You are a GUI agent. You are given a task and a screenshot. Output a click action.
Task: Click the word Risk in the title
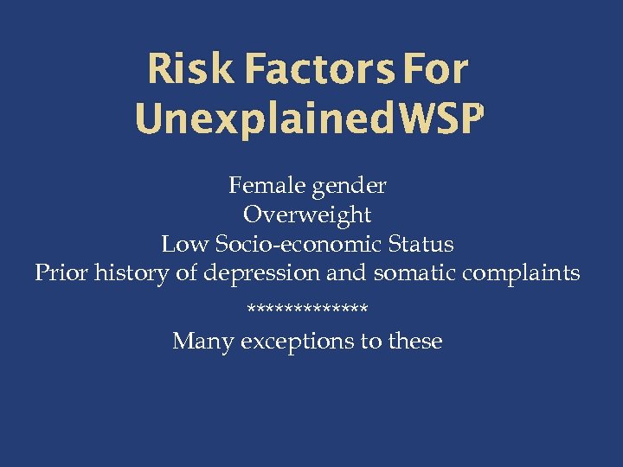tap(189, 69)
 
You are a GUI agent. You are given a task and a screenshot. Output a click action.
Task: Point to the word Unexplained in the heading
tap(259, 121)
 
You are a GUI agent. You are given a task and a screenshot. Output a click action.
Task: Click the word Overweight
tap(307, 214)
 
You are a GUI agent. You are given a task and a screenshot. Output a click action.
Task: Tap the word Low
tap(184, 244)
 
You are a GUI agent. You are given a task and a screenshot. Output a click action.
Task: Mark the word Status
tap(421, 244)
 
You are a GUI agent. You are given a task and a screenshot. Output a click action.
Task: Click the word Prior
tap(61, 273)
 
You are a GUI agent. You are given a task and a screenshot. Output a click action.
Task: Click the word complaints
tap(521, 274)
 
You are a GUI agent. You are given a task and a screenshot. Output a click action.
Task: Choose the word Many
tap(203, 342)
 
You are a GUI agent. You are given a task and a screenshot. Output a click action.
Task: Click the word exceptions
tap(299, 342)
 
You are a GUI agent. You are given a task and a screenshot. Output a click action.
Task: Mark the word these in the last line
tap(414, 342)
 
